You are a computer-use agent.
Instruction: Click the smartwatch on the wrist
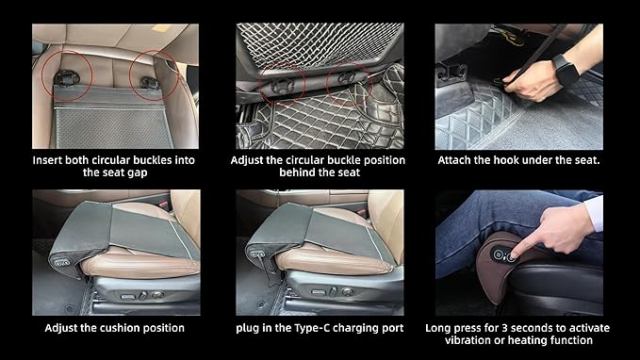tap(566, 71)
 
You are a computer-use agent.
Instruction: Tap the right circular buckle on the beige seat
tap(149, 83)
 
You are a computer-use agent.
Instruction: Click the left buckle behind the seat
tap(283, 86)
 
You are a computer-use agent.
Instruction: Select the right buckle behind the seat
tap(347, 76)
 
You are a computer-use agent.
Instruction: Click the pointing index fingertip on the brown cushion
tap(515, 256)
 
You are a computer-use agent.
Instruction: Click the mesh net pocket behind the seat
tap(320, 42)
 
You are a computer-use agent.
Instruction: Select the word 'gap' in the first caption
tap(138, 173)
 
